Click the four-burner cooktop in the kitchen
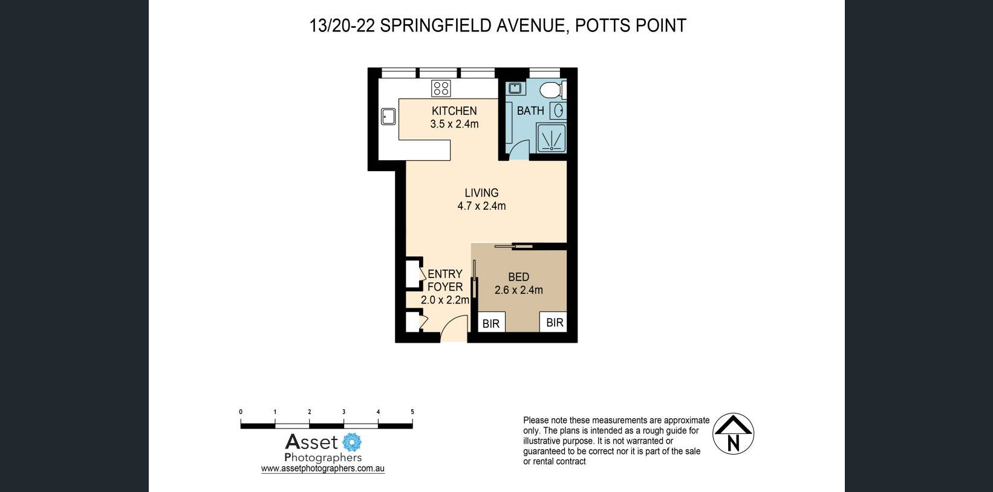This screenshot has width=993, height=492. pos(441,88)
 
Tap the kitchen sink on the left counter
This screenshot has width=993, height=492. pos(388,117)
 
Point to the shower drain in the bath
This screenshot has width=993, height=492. pos(552,149)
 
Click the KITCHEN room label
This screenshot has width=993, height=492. pos(454,111)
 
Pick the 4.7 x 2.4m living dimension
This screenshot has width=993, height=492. pos(481,206)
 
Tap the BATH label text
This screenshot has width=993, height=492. pos(530,111)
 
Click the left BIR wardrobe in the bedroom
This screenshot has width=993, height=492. pos(491,322)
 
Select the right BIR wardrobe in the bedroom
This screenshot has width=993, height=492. pos(553,322)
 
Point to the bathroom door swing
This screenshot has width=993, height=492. pos(519,150)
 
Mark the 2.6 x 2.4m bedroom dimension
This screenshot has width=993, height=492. pos(519,290)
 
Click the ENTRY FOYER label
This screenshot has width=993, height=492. pos(445,280)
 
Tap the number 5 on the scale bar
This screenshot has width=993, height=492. pos(412,412)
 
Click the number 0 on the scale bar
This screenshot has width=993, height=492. pos(241,412)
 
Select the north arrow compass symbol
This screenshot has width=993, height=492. pos(733,434)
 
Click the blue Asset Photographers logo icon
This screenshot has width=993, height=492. pos(352,442)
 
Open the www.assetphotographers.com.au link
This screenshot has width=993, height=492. pos(323,468)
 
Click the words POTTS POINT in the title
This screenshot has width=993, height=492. pos(630,26)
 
